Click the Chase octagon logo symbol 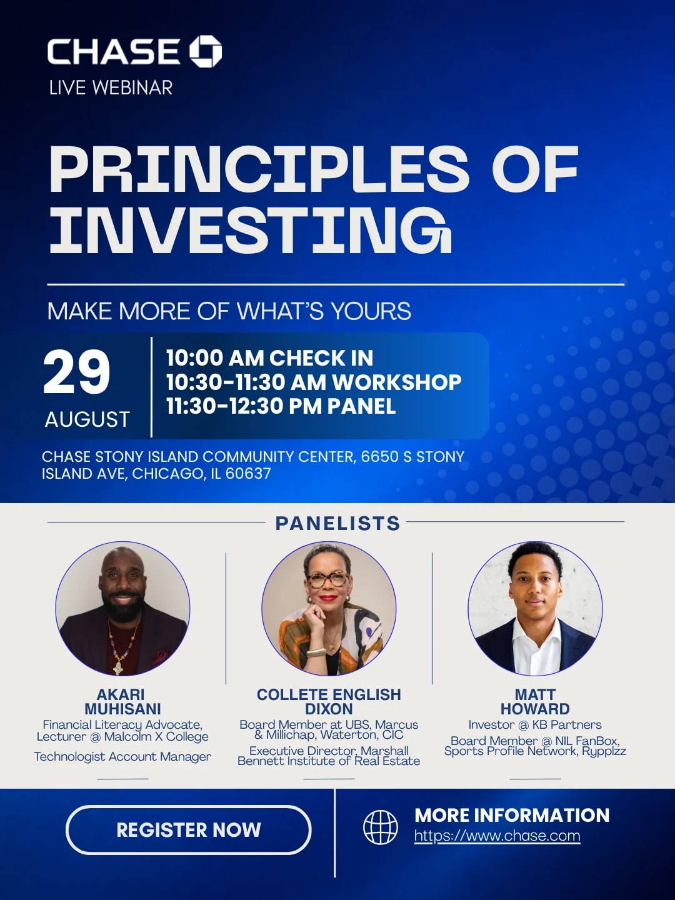[206, 52]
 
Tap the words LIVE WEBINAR [111, 88]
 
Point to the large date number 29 [77, 372]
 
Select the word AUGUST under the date [87, 419]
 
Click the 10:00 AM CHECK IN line [269, 358]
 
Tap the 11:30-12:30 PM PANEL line [281, 406]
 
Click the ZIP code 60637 [248, 474]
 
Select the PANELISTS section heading [337, 523]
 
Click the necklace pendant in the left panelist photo [119, 666]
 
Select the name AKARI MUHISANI [122, 701]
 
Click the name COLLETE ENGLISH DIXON [329, 701]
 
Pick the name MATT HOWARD [535, 701]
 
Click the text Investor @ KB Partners [535, 725]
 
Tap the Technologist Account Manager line [122, 756]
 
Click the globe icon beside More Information [381, 827]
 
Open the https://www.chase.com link [497, 836]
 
